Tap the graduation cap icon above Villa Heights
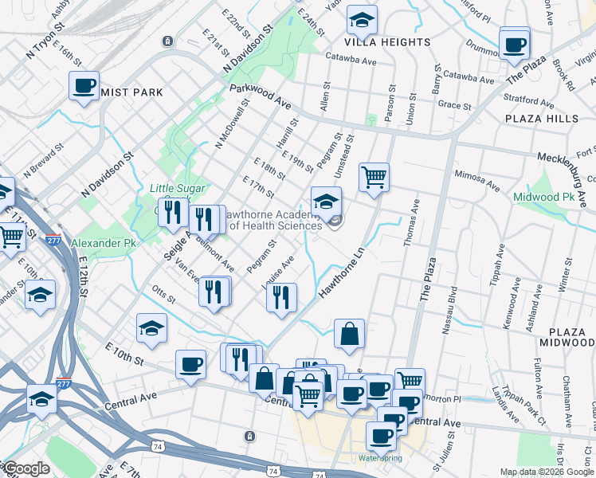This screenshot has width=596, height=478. pos(363,20)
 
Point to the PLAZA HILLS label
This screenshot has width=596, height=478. pos(541,118)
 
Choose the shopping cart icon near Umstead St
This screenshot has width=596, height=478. pos(373,177)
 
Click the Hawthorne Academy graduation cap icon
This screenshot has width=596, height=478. pos(326,202)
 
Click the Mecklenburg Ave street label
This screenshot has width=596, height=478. pos(566,159)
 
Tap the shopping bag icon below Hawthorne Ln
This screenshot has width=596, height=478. pos(349,335)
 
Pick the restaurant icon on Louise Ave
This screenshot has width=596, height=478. pos(280,299)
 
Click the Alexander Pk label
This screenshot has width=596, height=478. pos(99,242)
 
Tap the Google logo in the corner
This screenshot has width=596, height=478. pos(25,468)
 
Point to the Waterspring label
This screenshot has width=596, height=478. pos(380,459)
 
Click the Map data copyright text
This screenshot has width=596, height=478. pos(547,472)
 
